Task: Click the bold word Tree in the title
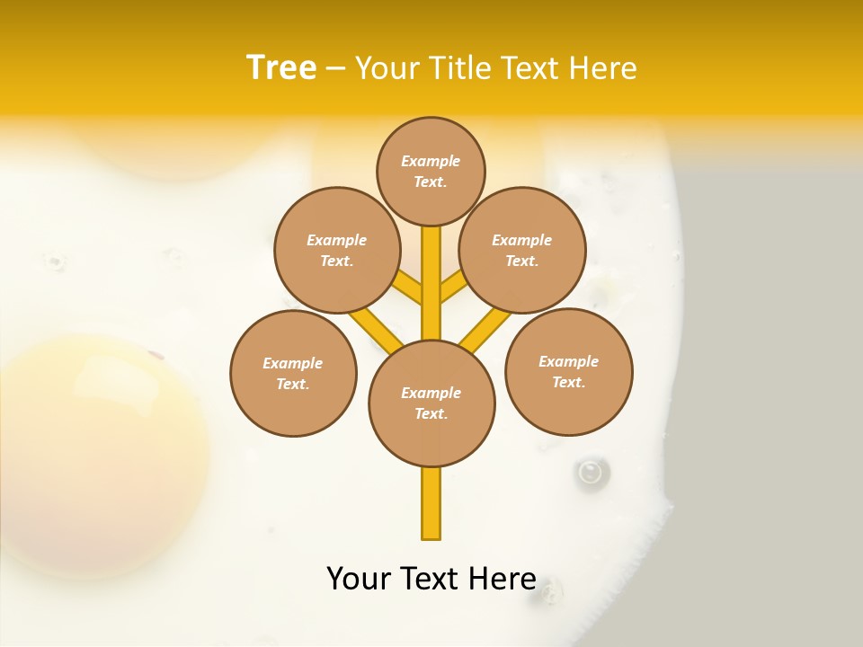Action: point(281,67)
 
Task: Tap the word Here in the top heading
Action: point(605,68)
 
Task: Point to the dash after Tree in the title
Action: point(335,69)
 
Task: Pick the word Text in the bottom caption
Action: point(434,579)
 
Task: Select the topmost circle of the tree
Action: point(431,171)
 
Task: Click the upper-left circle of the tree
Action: point(336,250)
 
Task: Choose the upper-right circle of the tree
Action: point(522,250)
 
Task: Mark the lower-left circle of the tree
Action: point(293,373)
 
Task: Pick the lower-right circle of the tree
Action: point(568,371)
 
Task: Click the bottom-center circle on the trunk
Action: point(431,403)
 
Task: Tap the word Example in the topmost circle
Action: point(431,161)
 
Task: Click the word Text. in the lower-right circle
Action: point(568,382)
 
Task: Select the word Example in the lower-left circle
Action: point(292,363)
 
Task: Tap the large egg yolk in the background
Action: point(99,449)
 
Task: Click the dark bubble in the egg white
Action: point(591,471)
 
